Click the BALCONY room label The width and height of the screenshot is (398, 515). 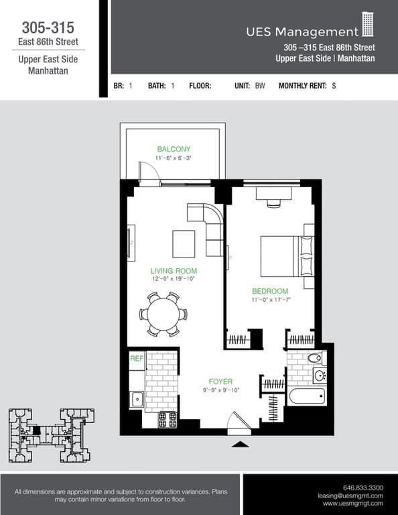coord(174,149)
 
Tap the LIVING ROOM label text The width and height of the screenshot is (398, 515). coord(173,271)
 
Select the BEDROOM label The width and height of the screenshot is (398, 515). coord(270,291)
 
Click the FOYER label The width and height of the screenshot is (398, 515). coord(220,380)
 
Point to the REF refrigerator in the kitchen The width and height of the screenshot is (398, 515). coord(137,359)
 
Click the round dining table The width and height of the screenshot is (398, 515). coord(163,314)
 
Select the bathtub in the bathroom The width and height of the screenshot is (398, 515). coord(307,396)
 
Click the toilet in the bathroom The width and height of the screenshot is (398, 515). coord(316,358)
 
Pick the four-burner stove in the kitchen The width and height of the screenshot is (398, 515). coord(167,419)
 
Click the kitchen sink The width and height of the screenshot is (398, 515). coord(137,400)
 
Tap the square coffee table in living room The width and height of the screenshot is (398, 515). coord(184,243)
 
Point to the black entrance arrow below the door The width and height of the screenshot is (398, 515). coord(239,443)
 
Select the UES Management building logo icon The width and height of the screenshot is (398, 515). coord(368,25)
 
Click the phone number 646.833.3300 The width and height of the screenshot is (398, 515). coord(362,487)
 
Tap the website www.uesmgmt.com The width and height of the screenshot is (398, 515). coord(352,503)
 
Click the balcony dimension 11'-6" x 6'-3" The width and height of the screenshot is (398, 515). coord(174,158)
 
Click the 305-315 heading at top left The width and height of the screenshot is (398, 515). coord(48,27)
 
